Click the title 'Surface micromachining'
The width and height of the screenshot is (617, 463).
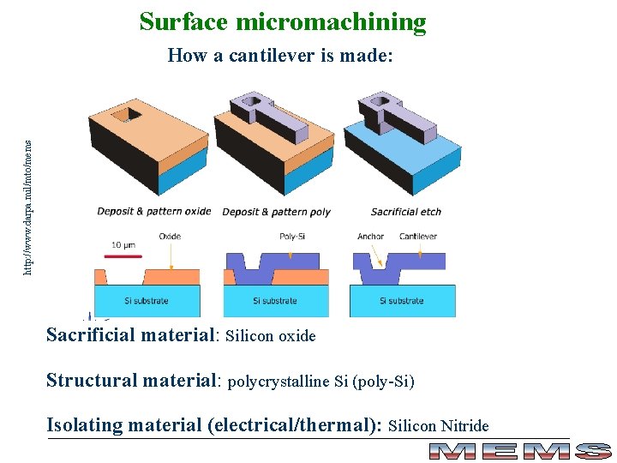pyautogui.click(x=283, y=21)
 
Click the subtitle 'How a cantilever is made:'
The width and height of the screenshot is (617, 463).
pyautogui.click(x=281, y=57)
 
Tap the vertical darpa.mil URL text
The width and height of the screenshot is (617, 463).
pyautogui.click(x=28, y=196)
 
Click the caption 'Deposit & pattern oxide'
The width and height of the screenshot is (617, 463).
pyautogui.click(x=153, y=212)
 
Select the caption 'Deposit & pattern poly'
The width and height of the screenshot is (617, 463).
pyautogui.click(x=276, y=212)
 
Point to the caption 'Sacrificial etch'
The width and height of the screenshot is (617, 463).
pyautogui.click(x=406, y=212)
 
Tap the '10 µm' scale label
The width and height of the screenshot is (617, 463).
pyautogui.click(x=123, y=245)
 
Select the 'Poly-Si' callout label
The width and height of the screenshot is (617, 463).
pyautogui.click(x=293, y=237)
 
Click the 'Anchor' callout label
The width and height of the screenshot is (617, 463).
pyautogui.click(x=370, y=237)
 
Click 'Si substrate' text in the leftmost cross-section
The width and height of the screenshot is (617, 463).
pyautogui.click(x=147, y=301)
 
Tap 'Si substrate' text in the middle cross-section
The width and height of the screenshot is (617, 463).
pyautogui.click(x=275, y=301)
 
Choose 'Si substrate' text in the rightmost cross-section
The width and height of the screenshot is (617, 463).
pyautogui.click(x=402, y=301)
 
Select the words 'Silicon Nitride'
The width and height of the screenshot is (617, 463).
pyautogui.click(x=439, y=426)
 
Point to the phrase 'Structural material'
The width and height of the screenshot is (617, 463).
pyautogui.click(x=134, y=380)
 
